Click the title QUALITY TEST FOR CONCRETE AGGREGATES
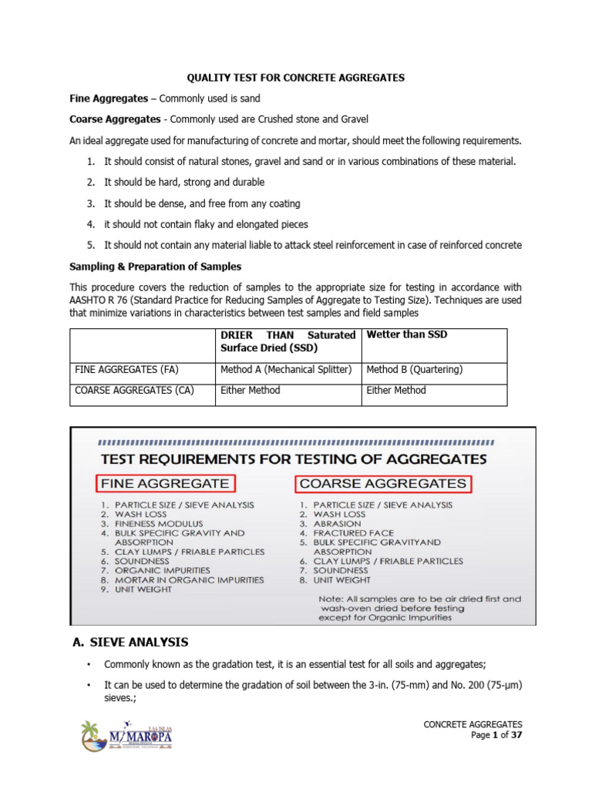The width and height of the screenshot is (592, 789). pyautogui.click(x=297, y=78)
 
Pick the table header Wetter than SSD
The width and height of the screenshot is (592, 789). pyautogui.click(x=406, y=335)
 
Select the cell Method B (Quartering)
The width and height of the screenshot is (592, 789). pyautogui.click(x=414, y=370)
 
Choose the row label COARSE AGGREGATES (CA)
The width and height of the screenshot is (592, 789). pyautogui.click(x=134, y=391)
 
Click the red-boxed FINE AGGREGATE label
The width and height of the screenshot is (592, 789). pyautogui.click(x=166, y=484)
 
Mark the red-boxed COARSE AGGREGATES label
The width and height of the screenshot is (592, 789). pyautogui.click(x=383, y=484)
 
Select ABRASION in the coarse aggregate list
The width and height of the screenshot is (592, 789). pyautogui.click(x=336, y=523)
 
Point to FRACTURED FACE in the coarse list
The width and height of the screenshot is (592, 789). pyautogui.click(x=352, y=532)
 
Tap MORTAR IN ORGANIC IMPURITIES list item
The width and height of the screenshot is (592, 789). pyautogui.click(x=189, y=580)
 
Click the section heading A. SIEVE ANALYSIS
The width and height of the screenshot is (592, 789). pyautogui.click(x=129, y=642)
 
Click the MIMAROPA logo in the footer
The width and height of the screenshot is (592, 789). pyautogui.click(x=127, y=737)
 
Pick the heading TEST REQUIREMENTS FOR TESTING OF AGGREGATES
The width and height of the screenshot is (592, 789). pyautogui.click(x=292, y=458)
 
